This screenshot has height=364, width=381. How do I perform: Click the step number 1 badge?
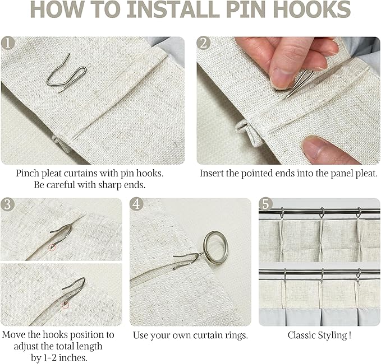[x=8, y=43]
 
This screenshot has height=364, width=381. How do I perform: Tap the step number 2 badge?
[x=204, y=43]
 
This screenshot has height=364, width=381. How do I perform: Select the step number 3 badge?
[x=7, y=204]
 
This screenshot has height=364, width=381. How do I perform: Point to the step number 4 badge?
[x=136, y=204]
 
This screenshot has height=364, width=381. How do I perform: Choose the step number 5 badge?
[x=265, y=204]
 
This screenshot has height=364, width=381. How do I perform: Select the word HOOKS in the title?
[x=313, y=10]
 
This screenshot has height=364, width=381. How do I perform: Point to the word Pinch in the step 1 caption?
[x=27, y=174]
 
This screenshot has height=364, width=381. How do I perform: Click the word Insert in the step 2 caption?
[x=212, y=174]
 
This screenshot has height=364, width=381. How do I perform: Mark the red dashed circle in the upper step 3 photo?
[x=52, y=248]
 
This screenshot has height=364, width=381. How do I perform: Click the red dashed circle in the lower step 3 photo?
[x=65, y=305]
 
